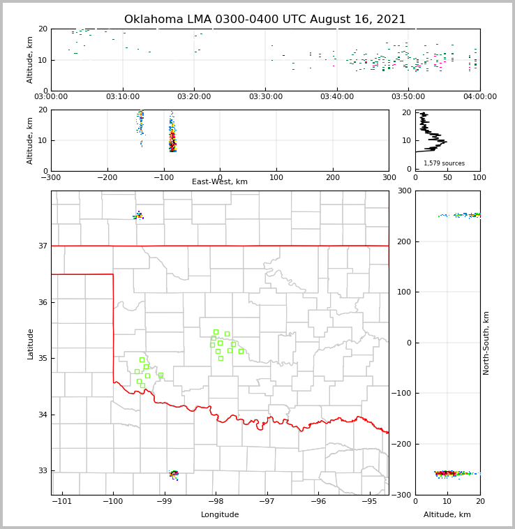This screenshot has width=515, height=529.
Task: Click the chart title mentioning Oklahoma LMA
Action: (264, 20)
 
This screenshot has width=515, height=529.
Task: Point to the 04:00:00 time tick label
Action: (479, 97)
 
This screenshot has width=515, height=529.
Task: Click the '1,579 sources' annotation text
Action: (444, 163)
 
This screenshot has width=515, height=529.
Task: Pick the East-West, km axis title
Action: (220, 182)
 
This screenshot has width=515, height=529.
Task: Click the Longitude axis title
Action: (220, 515)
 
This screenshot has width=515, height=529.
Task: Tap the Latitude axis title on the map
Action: (31, 343)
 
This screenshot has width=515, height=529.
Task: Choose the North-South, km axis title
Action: (486, 343)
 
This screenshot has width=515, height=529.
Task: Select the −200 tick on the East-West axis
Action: (107, 177)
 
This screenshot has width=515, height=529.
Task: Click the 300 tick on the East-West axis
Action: (389, 177)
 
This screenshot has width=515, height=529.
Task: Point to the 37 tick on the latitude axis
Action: (43, 246)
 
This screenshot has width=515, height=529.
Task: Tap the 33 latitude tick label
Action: (43, 471)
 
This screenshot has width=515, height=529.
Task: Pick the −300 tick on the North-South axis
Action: (403, 495)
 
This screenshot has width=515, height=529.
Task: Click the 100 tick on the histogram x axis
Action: (479, 177)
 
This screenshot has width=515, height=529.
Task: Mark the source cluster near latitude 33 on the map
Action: (174, 474)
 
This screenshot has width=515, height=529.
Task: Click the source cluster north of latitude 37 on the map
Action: (139, 216)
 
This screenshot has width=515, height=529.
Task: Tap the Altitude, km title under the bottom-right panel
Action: (447, 515)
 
